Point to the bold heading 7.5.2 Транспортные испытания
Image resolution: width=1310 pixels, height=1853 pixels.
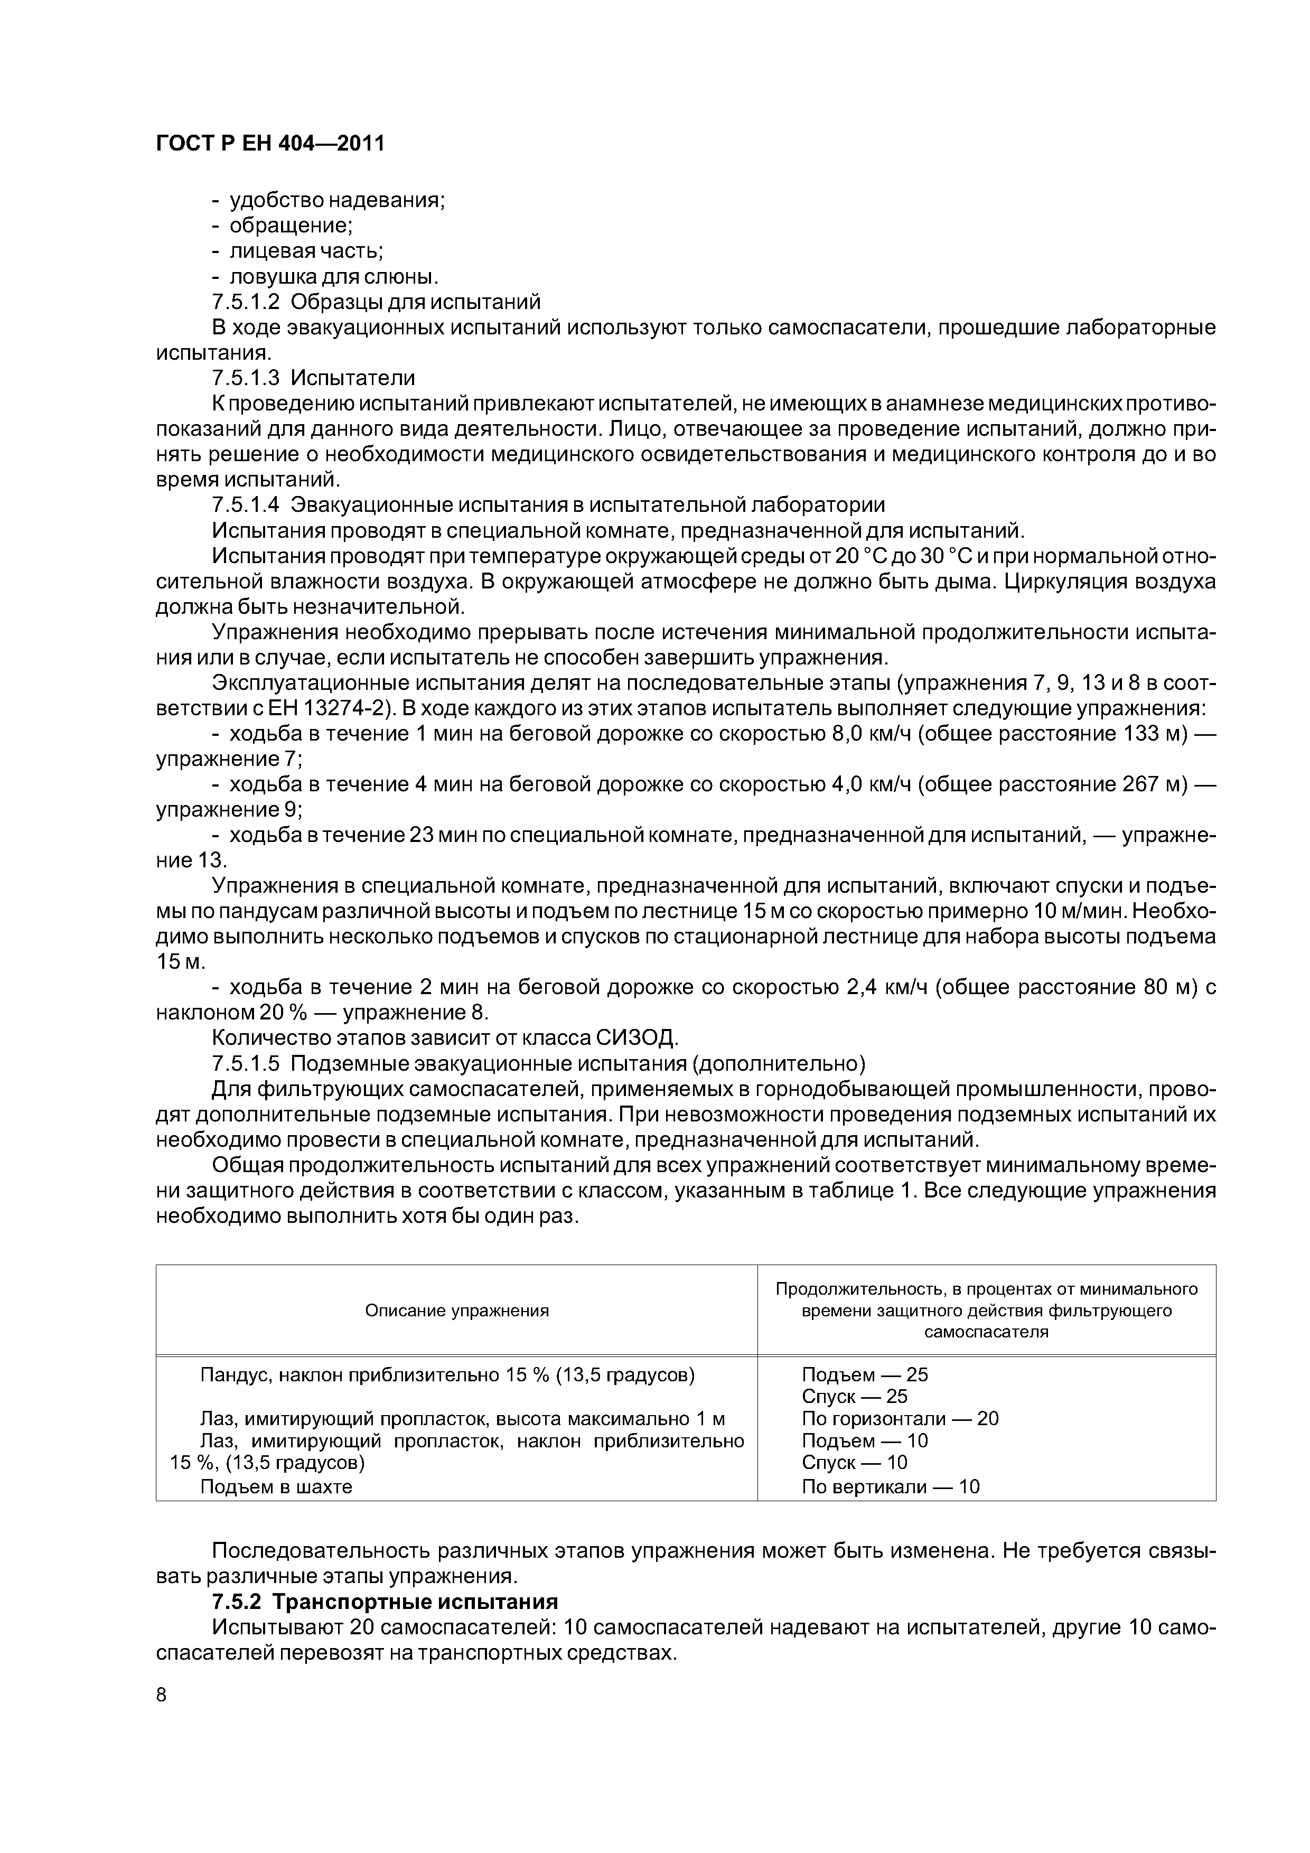[385, 1601]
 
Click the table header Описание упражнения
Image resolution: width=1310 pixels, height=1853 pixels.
[457, 1311]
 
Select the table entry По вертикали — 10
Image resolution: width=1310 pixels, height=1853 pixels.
[890, 1486]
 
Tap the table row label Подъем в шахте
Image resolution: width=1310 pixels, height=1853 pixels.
[276, 1486]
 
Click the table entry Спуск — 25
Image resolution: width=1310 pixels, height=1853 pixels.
[854, 1396]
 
